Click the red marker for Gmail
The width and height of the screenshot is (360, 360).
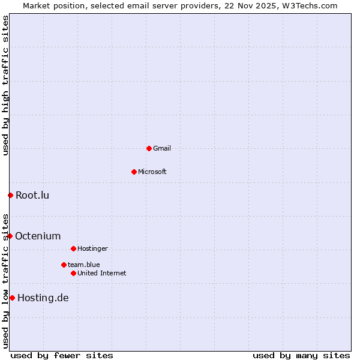[149, 148]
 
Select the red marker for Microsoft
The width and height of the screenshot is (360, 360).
[134, 172]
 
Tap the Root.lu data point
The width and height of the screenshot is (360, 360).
[10, 195]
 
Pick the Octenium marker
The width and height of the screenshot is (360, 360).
[10, 236]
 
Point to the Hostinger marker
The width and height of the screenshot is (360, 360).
[73, 248]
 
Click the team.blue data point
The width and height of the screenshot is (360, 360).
[64, 265]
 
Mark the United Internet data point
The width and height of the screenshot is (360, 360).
[73, 273]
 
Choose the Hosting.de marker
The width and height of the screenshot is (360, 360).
[12, 298]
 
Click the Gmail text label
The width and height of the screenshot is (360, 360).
[162, 148]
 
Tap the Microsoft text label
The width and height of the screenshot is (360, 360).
[152, 172]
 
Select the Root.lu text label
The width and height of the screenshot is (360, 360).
[32, 195]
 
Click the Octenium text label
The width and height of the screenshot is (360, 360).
[38, 236]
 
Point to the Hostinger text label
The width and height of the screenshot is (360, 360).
[92, 248]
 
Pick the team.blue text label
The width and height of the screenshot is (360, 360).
[84, 265]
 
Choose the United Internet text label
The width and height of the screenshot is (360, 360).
[102, 273]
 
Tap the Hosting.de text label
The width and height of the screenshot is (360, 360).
[43, 298]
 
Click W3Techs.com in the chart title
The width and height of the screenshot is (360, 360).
[309, 5]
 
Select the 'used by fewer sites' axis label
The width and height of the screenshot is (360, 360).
[62, 355]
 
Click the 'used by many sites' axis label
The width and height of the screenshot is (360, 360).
[301, 355]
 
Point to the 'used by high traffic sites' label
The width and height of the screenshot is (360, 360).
[5, 85]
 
